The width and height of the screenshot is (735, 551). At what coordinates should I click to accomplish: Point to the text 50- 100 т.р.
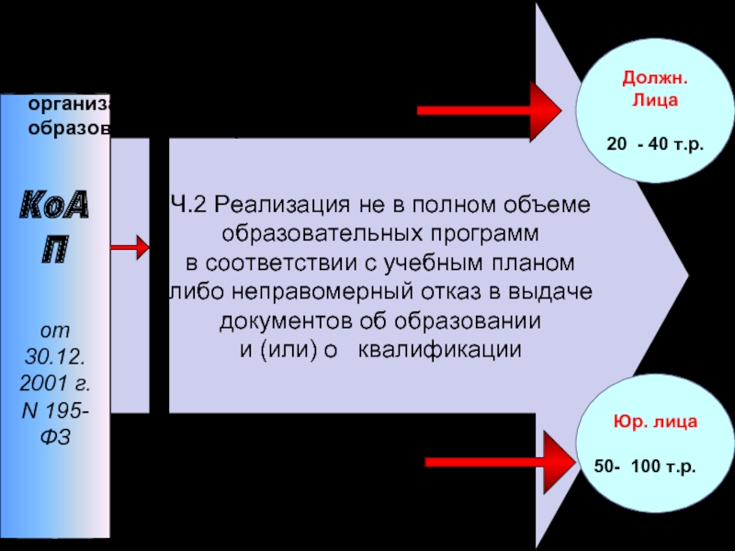pyautogui.click(x=645, y=467)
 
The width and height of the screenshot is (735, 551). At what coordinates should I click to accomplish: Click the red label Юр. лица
pyautogui.click(x=655, y=423)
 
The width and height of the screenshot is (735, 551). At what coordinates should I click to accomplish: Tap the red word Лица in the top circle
pyautogui.click(x=655, y=101)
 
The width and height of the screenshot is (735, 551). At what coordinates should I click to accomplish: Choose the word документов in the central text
pyautogui.click(x=276, y=320)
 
